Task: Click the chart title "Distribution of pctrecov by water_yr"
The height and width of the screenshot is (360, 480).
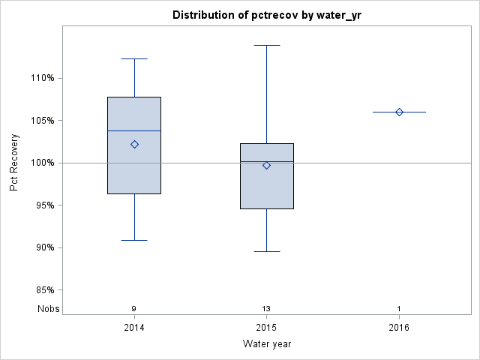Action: click(266, 15)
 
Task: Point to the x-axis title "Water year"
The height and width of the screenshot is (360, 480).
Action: click(266, 343)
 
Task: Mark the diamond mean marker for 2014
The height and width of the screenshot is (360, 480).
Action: click(134, 144)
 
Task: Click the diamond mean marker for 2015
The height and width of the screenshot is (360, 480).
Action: click(266, 165)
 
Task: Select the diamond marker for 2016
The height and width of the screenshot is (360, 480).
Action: click(399, 112)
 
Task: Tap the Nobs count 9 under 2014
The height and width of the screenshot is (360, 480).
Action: click(134, 309)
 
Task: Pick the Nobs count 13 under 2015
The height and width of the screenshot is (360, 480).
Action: click(266, 309)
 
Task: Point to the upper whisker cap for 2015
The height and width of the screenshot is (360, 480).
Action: click(266, 45)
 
